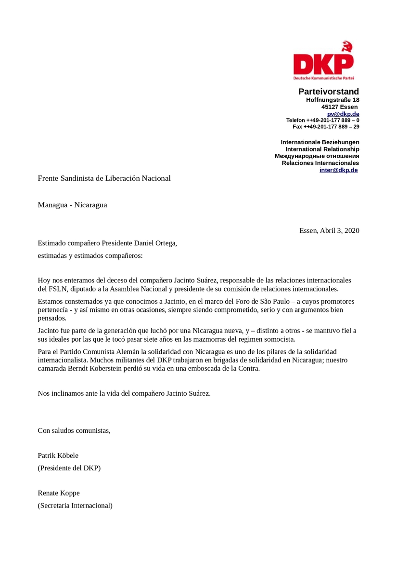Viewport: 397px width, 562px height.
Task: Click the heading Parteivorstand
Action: click(x=328, y=92)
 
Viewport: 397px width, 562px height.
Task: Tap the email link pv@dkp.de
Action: click(x=343, y=114)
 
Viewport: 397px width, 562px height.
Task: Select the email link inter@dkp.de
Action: click(x=338, y=170)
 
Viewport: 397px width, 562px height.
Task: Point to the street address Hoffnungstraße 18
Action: click(x=333, y=100)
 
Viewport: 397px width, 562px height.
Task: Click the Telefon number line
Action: click(x=322, y=120)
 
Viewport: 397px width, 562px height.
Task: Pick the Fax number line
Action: click(x=326, y=127)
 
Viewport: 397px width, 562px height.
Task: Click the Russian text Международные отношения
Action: click(x=317, y=156)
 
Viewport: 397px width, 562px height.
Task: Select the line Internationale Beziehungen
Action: click(x=320, y=142)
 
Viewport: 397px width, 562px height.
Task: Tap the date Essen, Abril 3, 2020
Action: click(x=329, y=230)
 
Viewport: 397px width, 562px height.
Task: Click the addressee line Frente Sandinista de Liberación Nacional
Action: click(x=104, y=178)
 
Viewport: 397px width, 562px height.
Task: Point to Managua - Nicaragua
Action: click(x=72, y=205)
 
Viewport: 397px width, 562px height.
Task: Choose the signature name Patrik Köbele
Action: click(x=58, y=455)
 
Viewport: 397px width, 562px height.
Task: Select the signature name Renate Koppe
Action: click(x=59, y=493)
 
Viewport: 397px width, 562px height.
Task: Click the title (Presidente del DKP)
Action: click(x=69, y=468)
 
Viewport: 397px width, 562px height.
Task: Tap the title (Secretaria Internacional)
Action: click(x=75, y=506)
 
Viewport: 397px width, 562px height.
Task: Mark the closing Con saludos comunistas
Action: click(x=74, y=430)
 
